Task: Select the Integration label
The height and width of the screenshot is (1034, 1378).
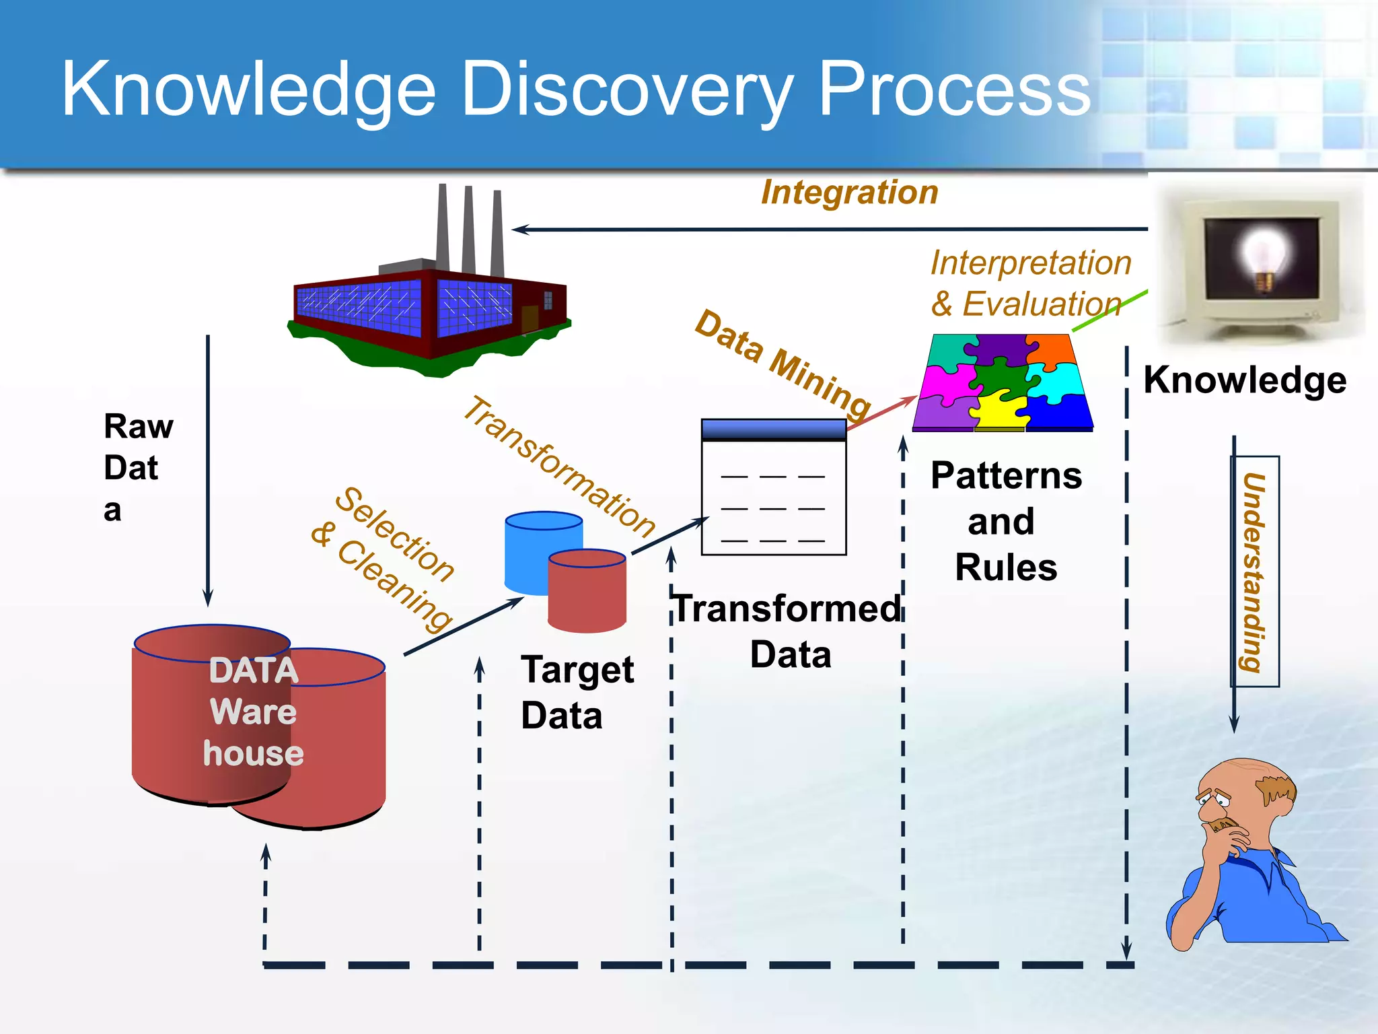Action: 849,193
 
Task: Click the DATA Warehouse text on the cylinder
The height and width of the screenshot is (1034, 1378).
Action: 253,712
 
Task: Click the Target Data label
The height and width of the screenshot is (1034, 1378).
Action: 576,692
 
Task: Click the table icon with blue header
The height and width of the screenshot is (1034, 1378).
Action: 773,487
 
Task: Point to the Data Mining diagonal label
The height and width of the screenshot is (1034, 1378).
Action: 783,364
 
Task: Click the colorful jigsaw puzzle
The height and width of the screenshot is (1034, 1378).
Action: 1003,382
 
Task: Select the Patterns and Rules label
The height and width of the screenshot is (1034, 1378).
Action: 1005,521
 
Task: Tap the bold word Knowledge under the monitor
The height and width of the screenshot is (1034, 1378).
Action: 1245,380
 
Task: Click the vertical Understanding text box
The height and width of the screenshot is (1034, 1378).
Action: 1254,572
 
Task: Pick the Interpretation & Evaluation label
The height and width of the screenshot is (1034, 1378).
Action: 1029,283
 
